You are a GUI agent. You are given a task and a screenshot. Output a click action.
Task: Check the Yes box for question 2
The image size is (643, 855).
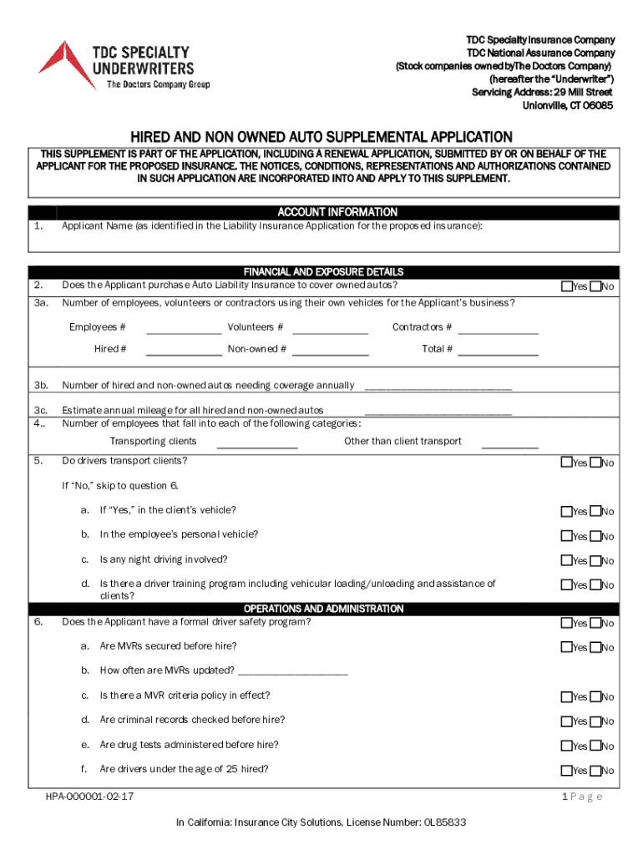click(x=567, y=286)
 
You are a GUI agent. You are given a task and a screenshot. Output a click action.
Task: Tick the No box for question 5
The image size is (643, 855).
click(x=595, y=462)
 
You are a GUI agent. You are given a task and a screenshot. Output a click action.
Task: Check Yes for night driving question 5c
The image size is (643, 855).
click(x=567, y=560)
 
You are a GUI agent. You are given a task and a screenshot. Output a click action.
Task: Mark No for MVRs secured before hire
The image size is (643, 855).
click(x=595, y=647)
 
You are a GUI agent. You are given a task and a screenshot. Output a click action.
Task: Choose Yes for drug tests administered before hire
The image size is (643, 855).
click(x=567, y=746)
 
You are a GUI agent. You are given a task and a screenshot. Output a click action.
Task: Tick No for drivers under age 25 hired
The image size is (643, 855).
click(x=595, y=771)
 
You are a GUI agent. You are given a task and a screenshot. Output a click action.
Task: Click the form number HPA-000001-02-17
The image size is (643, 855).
click(x=89, y=797)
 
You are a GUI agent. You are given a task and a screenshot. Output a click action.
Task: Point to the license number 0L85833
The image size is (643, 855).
click(x=444, y=822)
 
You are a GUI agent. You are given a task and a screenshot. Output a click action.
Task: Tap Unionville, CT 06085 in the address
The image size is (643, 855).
click(x=567, y=106)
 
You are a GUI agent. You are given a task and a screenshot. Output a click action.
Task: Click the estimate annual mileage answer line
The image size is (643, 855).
click(x=438, y=412)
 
